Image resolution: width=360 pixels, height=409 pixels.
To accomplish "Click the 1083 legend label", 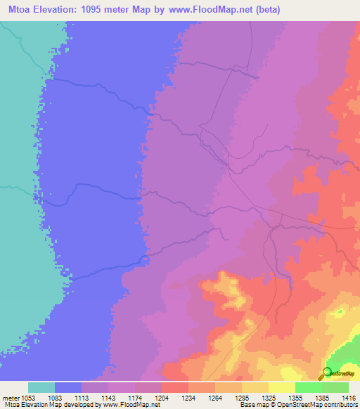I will coord(55,398).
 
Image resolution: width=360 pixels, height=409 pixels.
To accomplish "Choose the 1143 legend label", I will coord(108,398).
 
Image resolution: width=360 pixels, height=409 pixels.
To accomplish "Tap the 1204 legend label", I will coord(162,398).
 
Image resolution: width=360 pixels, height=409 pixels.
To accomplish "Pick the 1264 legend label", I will coord(215,398).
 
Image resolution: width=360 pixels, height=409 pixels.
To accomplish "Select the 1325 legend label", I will coord(269,398).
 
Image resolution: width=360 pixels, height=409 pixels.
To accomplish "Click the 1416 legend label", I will coord(348,398).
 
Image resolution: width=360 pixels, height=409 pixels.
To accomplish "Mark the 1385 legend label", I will coord(322,398).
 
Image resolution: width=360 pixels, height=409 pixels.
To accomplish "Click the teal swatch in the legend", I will coord(41,387).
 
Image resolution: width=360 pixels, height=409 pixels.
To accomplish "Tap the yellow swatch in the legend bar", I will coord(255,387).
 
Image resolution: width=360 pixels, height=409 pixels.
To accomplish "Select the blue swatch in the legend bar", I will coord(68,387).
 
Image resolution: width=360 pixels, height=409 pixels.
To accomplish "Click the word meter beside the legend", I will coord(10,398).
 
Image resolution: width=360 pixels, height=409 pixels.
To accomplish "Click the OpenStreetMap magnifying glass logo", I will coord(326,373).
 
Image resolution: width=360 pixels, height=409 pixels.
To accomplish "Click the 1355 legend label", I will coord(295,398).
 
